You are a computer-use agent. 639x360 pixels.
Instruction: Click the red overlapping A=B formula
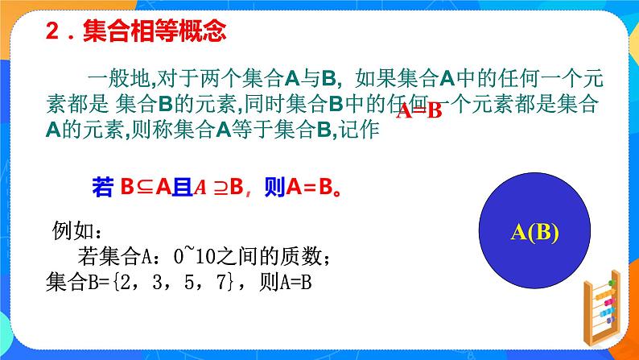(420, 111)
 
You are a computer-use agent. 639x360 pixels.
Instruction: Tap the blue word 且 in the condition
(181, 188)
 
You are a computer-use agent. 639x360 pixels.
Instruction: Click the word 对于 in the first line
(177, 79)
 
